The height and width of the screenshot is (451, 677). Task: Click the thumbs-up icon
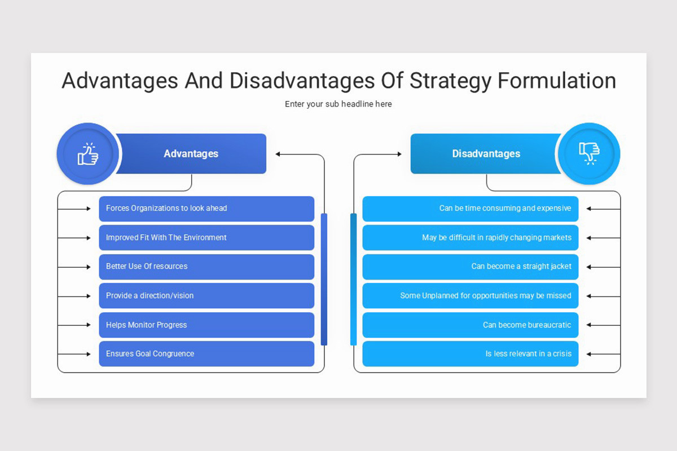click(87, 154)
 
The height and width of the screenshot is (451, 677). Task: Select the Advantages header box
click(191, 154)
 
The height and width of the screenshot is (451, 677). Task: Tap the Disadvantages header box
click(486, 154)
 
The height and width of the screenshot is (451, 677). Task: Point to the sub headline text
click(338, 104)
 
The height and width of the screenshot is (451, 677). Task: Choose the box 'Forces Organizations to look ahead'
click(206, 209)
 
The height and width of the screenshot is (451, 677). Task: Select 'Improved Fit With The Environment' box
click(206, 238)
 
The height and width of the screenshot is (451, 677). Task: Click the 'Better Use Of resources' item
click(206, 267)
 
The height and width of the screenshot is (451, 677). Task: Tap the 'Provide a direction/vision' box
click(206, 296)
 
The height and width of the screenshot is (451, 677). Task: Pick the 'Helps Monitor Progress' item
click(206, 325)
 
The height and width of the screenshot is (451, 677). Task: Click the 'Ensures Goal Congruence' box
click(206, 354)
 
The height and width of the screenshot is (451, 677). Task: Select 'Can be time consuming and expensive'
click(470, 209)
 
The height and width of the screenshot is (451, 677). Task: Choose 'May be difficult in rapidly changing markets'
click(470, 238)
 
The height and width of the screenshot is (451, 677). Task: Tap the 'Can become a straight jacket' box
click(470, 267)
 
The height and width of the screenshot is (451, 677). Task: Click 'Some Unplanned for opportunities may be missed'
click(470, 296)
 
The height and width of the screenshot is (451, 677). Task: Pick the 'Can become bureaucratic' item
click(470, 325)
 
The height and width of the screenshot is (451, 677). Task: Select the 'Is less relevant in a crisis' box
click(470, 354)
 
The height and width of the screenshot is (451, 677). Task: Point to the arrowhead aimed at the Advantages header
click(278, 154)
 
